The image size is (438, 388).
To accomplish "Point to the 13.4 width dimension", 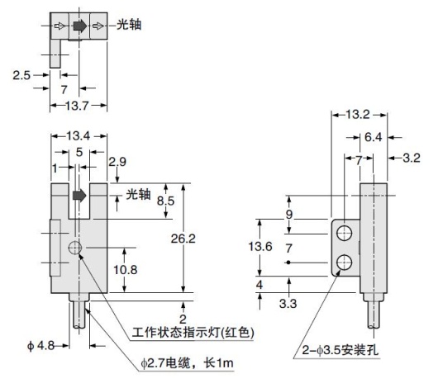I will pyautogui.click(x=79, y=135).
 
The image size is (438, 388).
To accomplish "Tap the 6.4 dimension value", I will pyautogui.click(x=374, y=136).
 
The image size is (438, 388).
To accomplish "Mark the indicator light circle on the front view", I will pyautogui.click(x=76, y=248).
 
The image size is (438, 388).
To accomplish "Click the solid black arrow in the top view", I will pyautogui.click(x=79, y=25).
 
